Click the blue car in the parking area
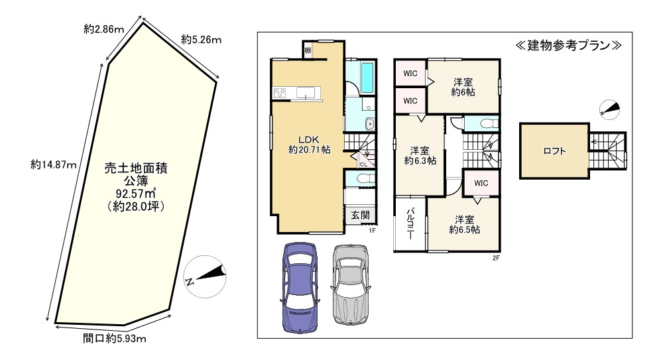click(300, 286)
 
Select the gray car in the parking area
click(350, 284)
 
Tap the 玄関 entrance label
click(360, 215)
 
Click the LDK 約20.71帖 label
click(309, 145)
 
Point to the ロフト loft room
click(554, 150)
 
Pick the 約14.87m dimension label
click(53, 164)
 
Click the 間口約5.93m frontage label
click(114, 338)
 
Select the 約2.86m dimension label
click(103, 29)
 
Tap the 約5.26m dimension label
click(202, 39)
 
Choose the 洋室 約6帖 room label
click(463, 87)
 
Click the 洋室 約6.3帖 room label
click(420, 155)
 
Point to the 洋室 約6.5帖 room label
click(464, 225)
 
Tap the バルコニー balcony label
click(410, 224)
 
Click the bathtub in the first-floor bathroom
click(367, 78)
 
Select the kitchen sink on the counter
click(305, 93)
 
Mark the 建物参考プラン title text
click(568, 45)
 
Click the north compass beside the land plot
click(206, 276)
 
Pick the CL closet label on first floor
click(363, 164)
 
